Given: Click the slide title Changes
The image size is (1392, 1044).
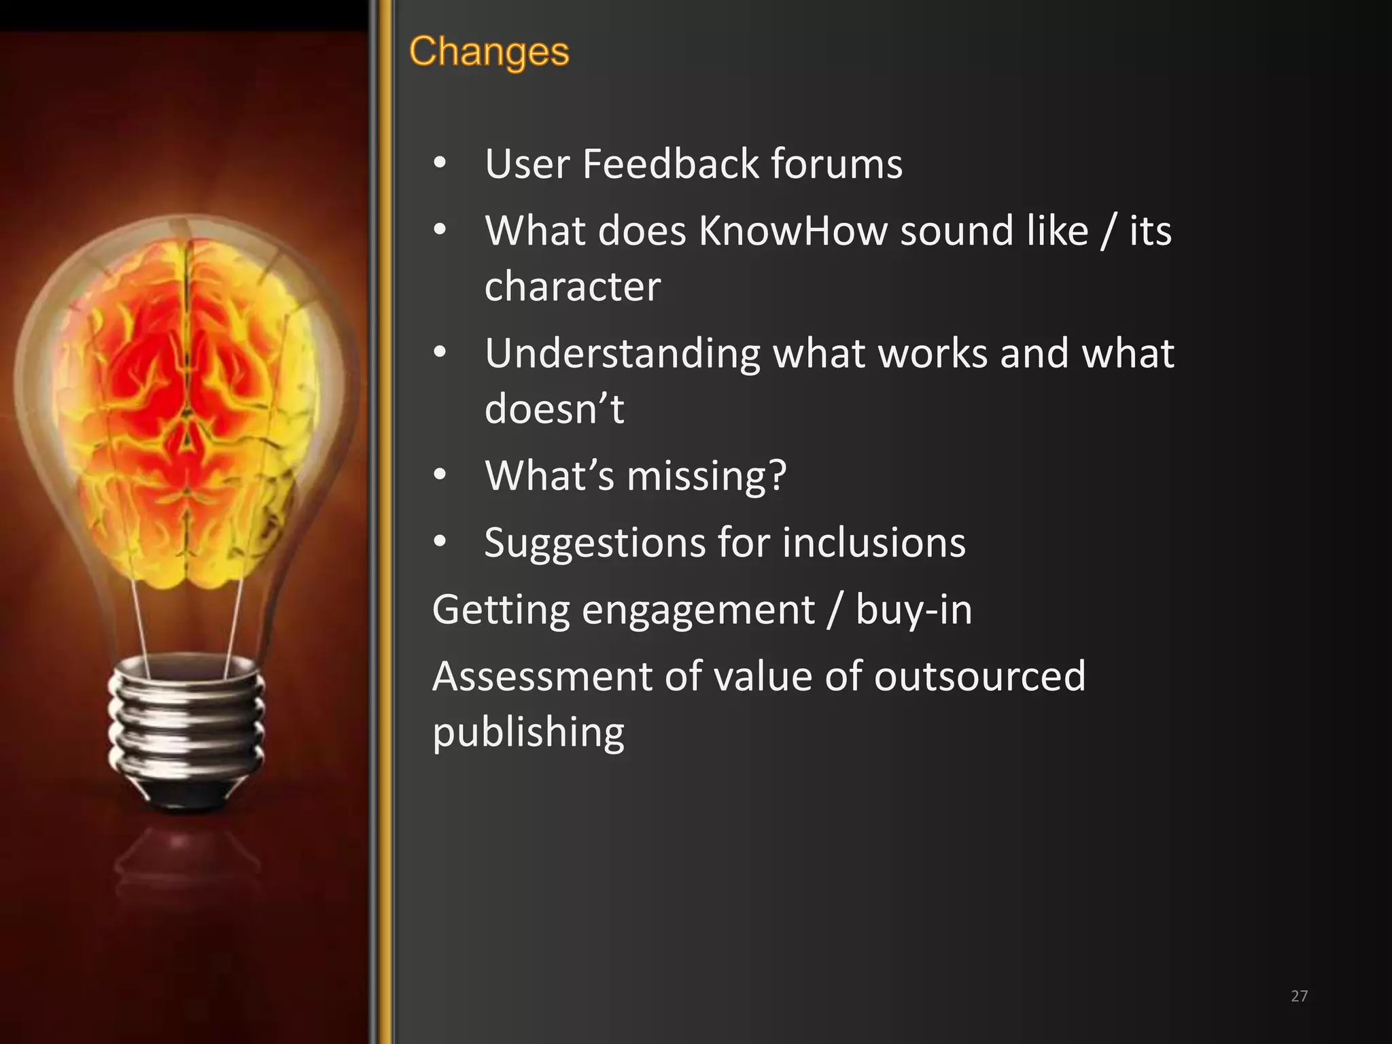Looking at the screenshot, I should coord(489,52).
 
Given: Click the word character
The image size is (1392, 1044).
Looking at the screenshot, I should coord(572,286).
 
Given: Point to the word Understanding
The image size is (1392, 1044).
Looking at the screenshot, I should coord(622,353).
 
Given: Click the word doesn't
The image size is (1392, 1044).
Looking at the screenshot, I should coord(554,408).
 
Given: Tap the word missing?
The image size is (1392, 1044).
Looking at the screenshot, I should coord(706,475).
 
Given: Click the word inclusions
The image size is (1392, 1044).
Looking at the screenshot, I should coord(873,542).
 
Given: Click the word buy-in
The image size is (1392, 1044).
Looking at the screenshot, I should coord(913,609).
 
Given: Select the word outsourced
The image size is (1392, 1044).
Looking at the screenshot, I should coord(979,676).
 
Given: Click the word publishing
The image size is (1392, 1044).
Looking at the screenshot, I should coord(528,732).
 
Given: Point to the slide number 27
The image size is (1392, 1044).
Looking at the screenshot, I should coord(1299,996).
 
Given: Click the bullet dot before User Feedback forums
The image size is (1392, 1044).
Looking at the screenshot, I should coord(440,164).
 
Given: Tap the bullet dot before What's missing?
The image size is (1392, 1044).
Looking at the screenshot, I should coord(440,475).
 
